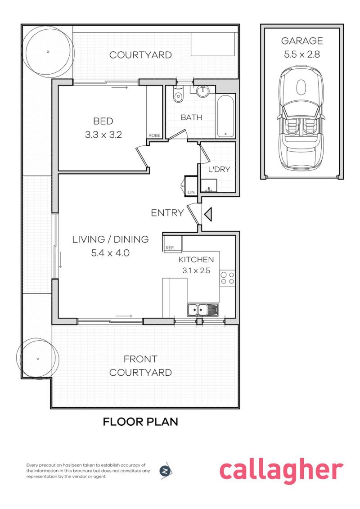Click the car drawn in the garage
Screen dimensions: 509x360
pyautogui.click(x=302, y=120)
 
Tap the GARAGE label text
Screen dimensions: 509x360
pyautogui.click(x=302, y=41)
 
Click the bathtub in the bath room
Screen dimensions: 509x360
pyautogui.click(x=225, y=116)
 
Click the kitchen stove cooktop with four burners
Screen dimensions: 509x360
pyautogui.click(x=227, y=278)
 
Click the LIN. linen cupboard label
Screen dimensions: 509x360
pyautogui.click(x=191, y=192)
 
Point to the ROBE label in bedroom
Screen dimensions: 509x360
pyautogui.click(x=154, y=135)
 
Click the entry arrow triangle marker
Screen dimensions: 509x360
pyautogui.click(x=208, y=214)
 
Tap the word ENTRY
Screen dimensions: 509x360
pyautogui.click(x=167, y=213)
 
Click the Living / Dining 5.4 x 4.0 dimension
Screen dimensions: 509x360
pyautogui.click(x=110, y=253)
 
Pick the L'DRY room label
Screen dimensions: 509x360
pyautogui.click(x=219, y=170)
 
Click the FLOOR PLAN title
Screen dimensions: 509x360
pyautogui.click(x=140, y=422)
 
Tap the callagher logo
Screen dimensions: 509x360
pyautogui.click(x=281, y=470)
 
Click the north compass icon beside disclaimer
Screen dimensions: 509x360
pyautogui.click(x=166, y=471)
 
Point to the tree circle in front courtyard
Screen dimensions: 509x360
pyautogui.click(x=38, y=359)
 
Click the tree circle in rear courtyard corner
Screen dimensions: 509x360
pyautogui.click(x=48, y=51)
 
